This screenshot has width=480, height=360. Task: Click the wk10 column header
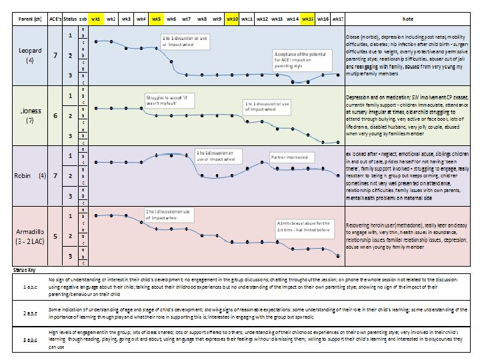pos(233,19)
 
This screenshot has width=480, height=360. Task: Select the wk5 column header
pos(156,19)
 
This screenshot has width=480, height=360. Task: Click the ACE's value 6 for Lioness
pos(55,115)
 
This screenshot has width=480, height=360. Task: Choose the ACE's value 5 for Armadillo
pos(55,235)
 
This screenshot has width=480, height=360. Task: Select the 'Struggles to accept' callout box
pos(166,99)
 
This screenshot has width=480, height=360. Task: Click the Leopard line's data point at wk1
pos(97,41)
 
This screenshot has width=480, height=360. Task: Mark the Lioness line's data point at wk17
pos(337,141)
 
